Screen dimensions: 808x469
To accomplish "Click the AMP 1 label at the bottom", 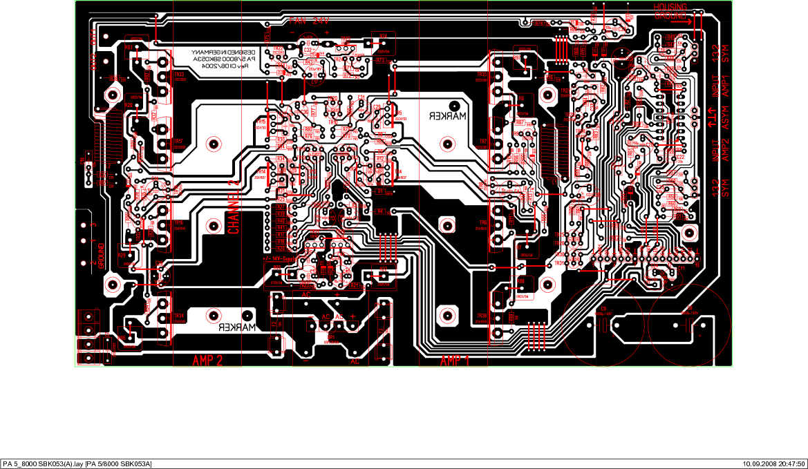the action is tap(454, 361).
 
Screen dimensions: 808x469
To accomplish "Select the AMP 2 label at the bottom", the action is tap(207, 361).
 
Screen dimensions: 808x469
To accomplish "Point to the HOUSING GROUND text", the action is tap(670, 10).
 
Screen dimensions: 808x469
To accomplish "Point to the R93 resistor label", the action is tap(129, 47).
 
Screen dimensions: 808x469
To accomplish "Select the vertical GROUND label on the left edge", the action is tap(101, 256).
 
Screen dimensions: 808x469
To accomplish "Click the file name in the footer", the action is tap(77, 463).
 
